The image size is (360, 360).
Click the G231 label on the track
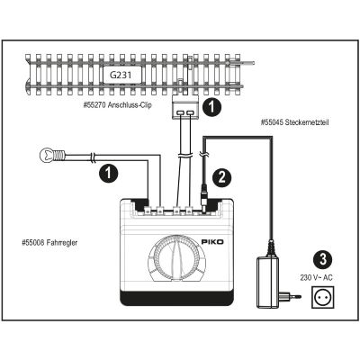click(121, 75)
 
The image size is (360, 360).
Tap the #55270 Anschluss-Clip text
click(117, 105)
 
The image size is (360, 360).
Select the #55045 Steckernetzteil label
click(294, 122)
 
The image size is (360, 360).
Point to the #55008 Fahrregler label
click(49, 242)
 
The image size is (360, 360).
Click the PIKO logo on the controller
click(212, 242)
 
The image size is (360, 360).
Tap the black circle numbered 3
click(322, 259)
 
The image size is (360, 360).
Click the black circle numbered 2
click(222, 177)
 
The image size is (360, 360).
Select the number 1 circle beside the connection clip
click(212, 107)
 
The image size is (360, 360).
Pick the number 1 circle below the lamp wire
click(109, 174)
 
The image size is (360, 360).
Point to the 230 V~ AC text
click(316, 278)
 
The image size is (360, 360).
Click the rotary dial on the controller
click(177, 258)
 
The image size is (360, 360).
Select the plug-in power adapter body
click(267, 282)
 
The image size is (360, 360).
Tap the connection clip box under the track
click(185, 107)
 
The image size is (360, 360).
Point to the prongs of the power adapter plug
click(294, 296)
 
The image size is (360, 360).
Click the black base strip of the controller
click(177, 298)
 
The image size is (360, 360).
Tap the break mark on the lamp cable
click(93, 157)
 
